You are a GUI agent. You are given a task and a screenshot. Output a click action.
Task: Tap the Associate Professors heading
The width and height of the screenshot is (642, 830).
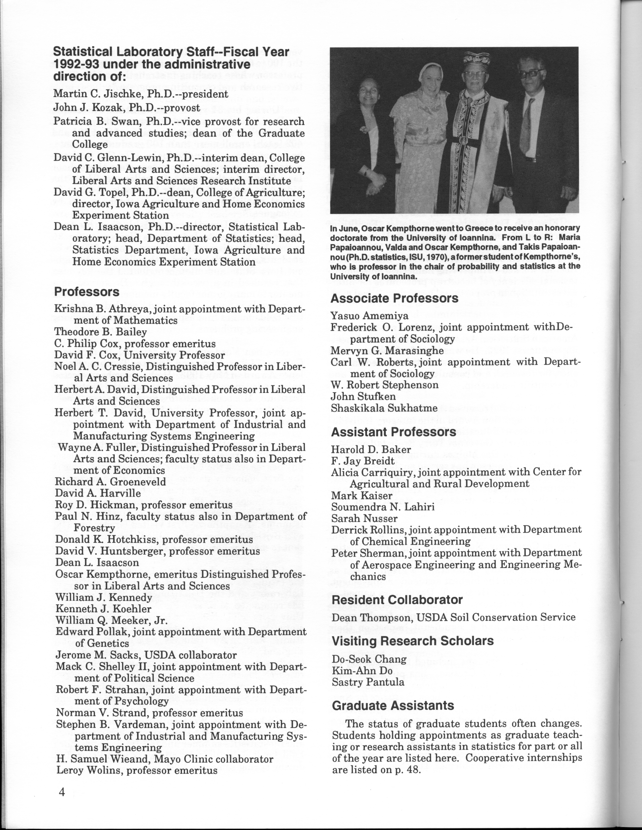tap(394, 298)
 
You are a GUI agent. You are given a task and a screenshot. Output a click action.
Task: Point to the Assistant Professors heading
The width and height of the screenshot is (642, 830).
tap(394, 432)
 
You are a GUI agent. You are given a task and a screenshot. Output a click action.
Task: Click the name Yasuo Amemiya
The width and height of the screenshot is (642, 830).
tap(369, 316)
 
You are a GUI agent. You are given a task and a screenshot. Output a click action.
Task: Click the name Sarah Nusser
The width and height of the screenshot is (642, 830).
tap(364, 518)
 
